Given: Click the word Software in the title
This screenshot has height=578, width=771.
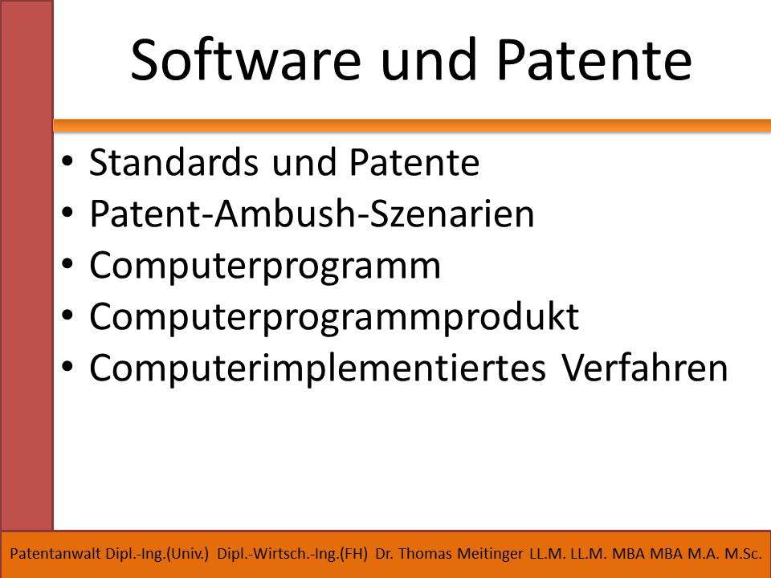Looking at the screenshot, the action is coord(246,60).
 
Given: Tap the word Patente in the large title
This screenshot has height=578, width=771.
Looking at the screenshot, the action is coord(594,60).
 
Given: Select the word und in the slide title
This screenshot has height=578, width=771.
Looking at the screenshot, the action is coord(429,60).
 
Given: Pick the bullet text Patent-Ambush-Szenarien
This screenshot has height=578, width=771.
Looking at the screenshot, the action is coord(312,214).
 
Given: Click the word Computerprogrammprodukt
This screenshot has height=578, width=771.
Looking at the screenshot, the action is coord(334,317).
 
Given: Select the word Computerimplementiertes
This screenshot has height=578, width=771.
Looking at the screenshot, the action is coord(317,368).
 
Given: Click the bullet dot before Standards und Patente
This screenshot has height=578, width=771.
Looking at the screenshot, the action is coord(67,161).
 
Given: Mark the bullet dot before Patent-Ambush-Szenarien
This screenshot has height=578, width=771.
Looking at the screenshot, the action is coord(67,213).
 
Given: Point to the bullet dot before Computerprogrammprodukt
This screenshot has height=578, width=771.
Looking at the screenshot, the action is coord(67,315).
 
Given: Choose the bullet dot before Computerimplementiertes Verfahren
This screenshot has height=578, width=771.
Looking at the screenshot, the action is coord(67,367).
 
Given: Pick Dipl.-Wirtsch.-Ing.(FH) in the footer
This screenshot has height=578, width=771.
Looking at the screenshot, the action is coord(292,554).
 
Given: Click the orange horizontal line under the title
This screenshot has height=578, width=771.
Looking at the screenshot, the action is coord(412,126).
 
